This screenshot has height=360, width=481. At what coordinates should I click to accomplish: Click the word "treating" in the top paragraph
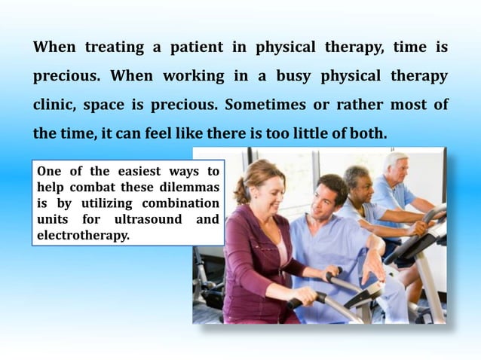115,47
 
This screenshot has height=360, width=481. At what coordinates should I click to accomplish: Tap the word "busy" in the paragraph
289,77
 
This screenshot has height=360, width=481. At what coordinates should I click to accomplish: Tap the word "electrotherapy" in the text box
82,235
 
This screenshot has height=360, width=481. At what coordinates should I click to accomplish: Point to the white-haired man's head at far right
395,166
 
